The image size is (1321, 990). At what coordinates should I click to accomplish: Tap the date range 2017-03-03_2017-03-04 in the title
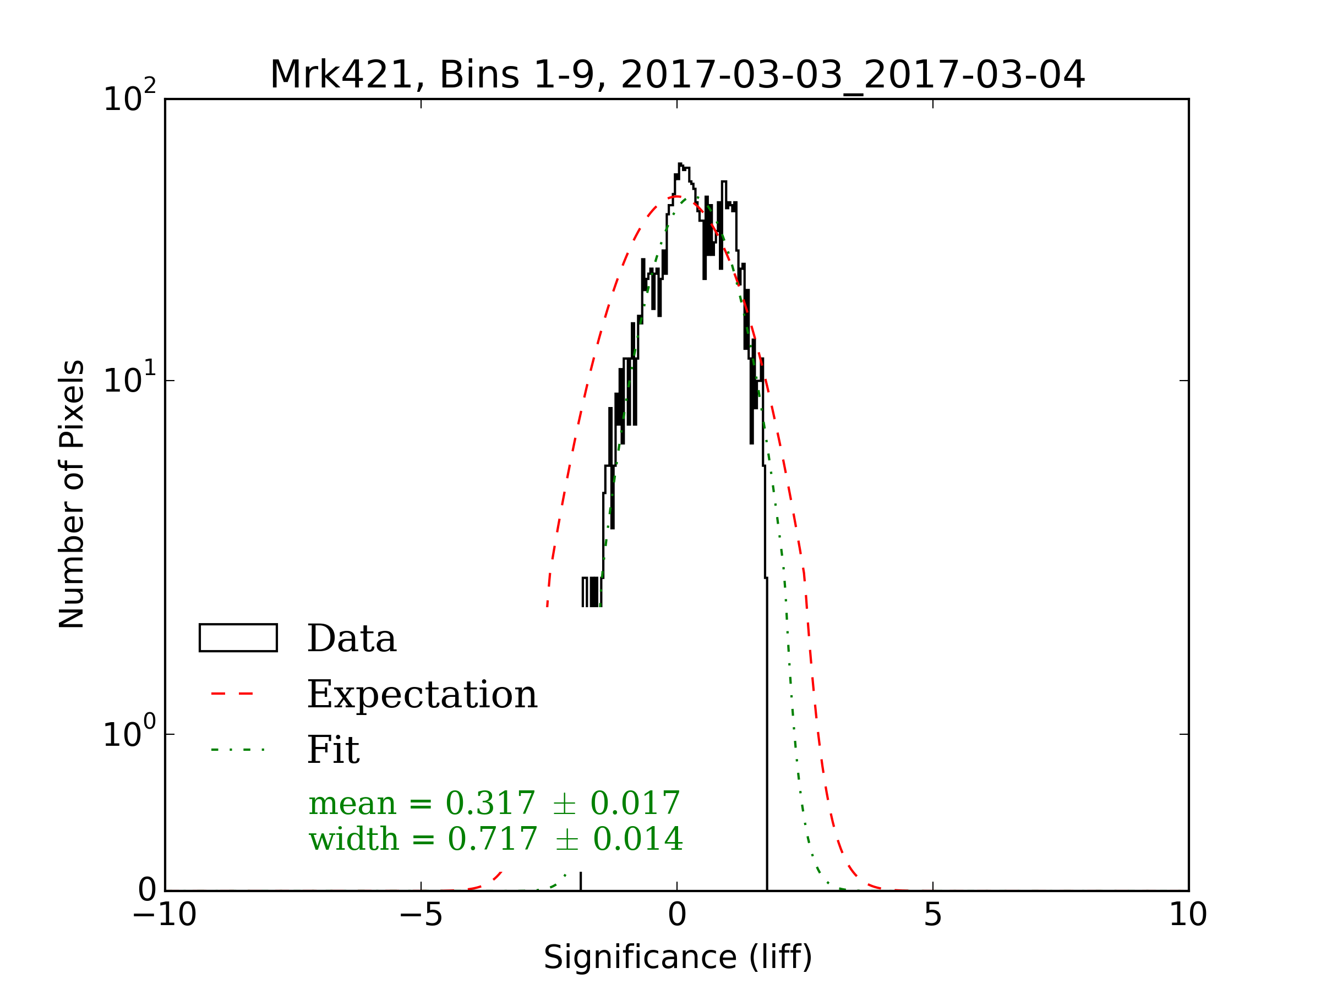click(852, 75)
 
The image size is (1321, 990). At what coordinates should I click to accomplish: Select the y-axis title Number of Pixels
click(72, 494)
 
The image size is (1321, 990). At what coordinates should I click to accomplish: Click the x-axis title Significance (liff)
click(678, 957)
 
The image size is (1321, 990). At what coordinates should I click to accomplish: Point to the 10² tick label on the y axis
click(129, 98)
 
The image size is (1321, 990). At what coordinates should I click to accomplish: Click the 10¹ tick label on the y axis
click(129, 380)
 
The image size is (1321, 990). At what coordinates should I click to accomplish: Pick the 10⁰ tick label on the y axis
click(129, 733)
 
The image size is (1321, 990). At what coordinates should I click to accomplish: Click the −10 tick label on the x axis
click(164, 915)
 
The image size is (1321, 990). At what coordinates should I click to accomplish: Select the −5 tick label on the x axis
click(421, 915)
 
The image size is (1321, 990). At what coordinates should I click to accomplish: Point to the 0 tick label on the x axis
click(676, 915)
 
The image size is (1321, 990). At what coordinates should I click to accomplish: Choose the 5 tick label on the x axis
click(933, 915)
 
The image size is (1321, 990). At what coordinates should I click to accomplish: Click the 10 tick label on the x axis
click(1188, 915)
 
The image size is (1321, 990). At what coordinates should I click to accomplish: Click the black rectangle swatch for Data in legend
click(238, 638)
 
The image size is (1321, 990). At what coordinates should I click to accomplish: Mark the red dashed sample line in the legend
click(232, 694)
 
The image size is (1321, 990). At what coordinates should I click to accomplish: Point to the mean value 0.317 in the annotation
click(490, 803)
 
